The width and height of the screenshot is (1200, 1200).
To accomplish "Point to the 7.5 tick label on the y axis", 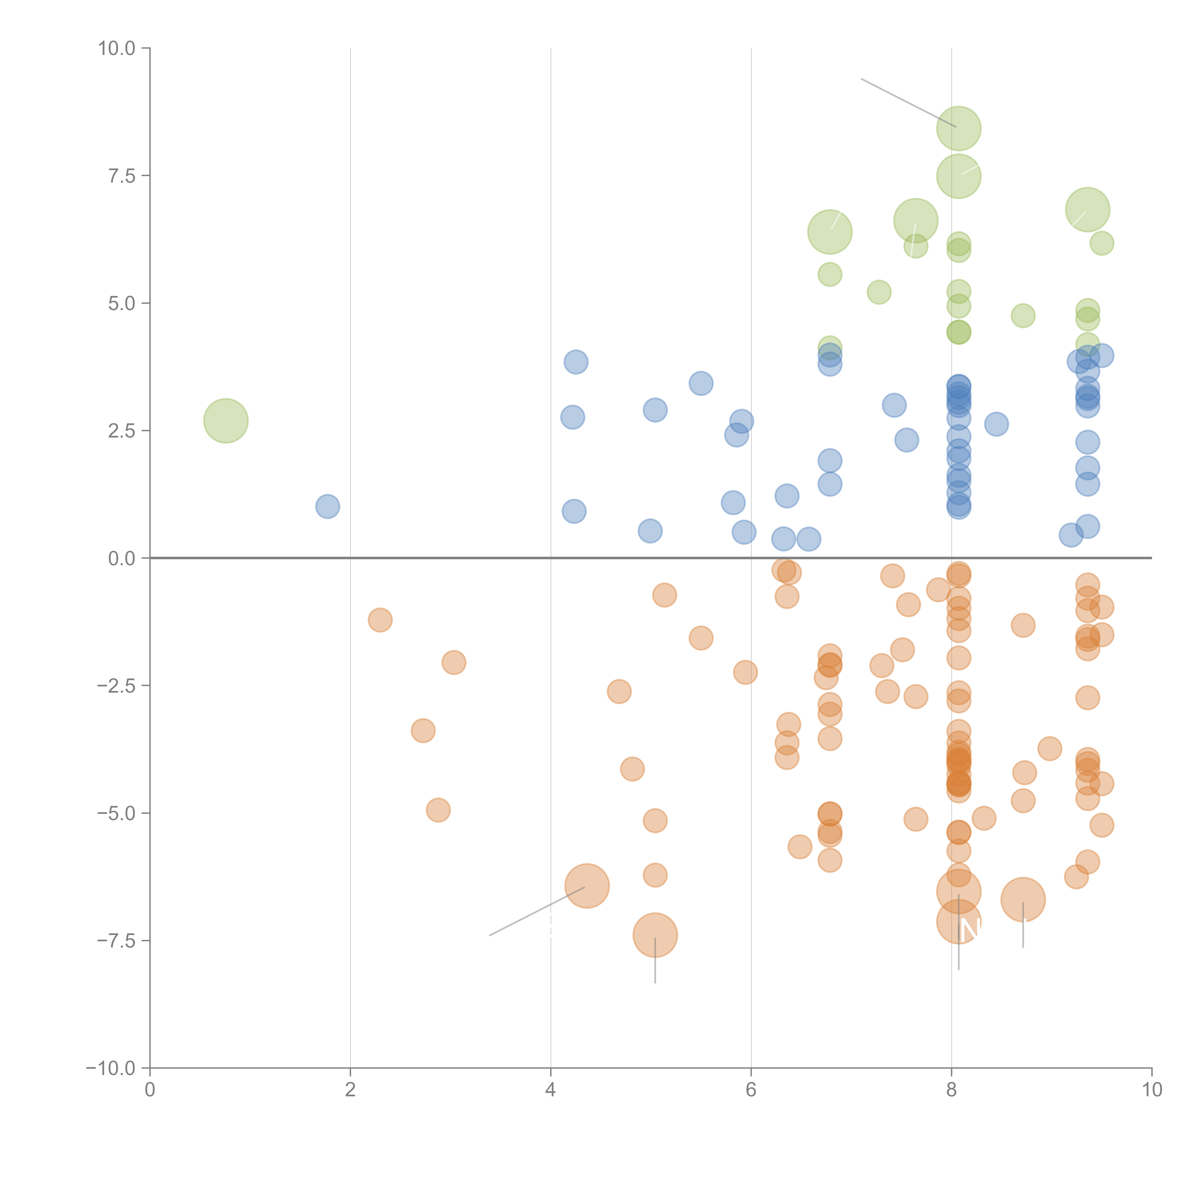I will [122, 176].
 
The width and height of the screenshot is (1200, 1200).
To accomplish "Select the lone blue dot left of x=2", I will [327, 506].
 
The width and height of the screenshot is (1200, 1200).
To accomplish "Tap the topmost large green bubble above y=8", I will [958, 129].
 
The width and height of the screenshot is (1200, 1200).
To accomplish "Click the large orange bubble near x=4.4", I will [587, 886].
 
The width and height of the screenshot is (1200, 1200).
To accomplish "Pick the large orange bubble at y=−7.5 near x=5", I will [655, 936].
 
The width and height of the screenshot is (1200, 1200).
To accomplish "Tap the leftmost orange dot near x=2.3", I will [380, 620].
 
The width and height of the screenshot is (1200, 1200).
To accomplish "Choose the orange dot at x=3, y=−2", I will [454, 662].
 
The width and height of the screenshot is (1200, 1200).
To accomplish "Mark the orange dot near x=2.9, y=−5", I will [438, 810].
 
